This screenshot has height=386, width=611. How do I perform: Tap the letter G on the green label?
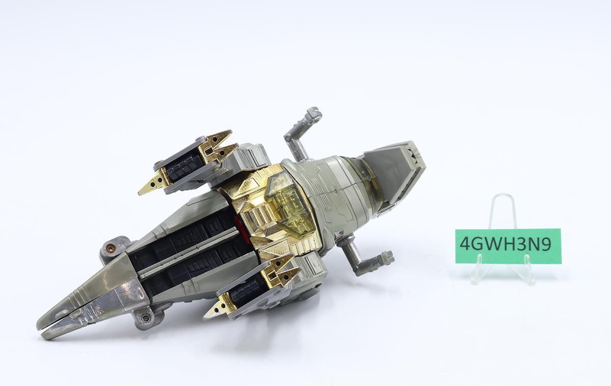(x=478, y=243)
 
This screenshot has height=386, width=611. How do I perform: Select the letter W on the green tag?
(x=493, y=243)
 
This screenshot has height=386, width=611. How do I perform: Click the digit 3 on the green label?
(x=520, y=243)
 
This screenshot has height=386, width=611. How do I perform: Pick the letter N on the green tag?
(x=533, y=243)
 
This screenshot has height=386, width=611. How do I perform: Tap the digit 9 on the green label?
(x=545, y=243)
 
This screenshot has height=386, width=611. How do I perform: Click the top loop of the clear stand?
(x=502, y=196)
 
